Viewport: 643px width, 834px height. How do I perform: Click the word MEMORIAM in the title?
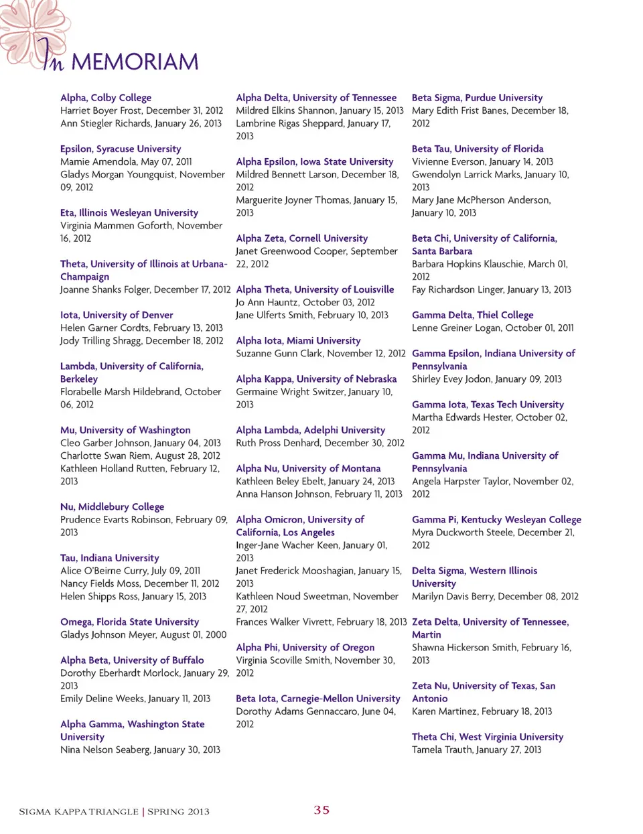pyautogui.click(x=135, y=62)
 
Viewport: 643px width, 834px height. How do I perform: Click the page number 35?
pyautogui.click(x=321, y=810)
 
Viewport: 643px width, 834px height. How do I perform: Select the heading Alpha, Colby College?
pyautogui.click(x=106, y=98)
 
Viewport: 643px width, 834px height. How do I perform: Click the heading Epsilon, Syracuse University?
pyautogui.click(x=121, y=149)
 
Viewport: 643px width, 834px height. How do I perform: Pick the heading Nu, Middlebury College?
pyautogui.click(x=112, y=507)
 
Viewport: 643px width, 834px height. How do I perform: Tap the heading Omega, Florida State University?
pyautogui.click(x=129, y=622)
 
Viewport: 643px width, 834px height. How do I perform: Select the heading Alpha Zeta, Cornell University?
pyautogui.click(x=301, y=238)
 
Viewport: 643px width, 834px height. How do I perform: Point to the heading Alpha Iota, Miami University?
pyautogui.click(x=298, y=340)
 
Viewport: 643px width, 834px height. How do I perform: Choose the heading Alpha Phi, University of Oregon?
pyautogui.click(x=305, y=647)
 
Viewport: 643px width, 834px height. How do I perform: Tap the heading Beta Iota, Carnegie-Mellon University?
pyautogui.click(x=317, y=698)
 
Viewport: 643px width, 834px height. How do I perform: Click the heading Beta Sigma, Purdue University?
pyautogui.click(x=477, y=98)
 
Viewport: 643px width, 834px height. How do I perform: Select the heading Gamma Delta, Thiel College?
pyautogui.click(x=472, y=315)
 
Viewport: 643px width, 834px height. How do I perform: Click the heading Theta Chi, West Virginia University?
pyautogui.click(x=487, y=737)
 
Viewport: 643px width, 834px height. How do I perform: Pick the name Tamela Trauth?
pyautogui.click(x=441, y=750)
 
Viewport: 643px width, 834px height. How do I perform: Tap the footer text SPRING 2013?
pyautogui.click(x=178, y=811)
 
